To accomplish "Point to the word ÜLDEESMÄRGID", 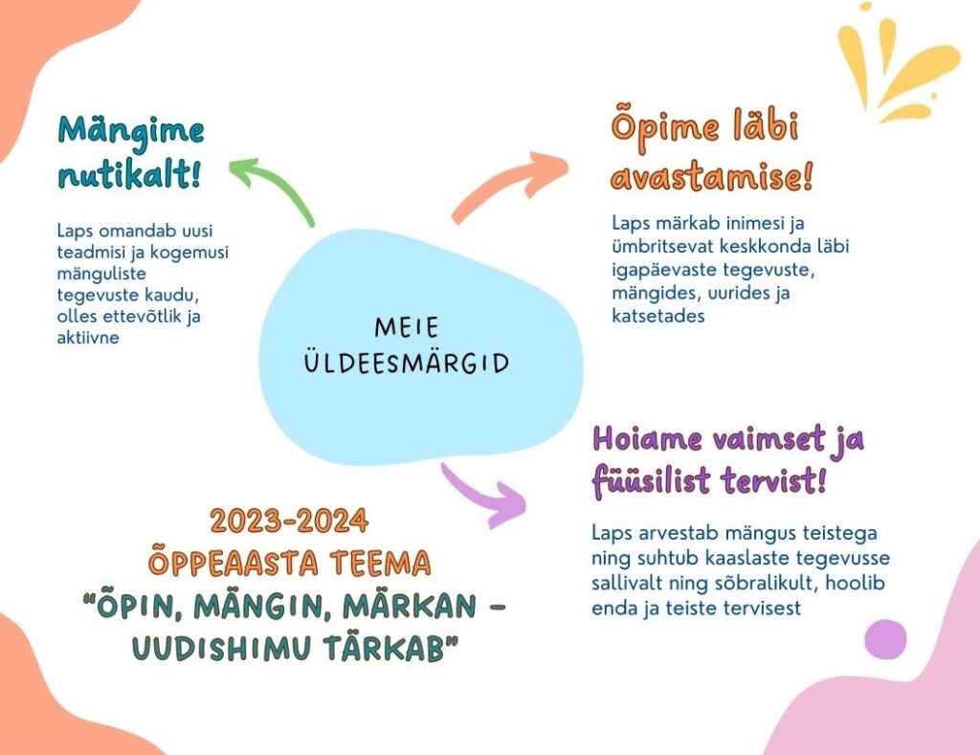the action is (406, 363).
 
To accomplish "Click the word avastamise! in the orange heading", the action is (712, 176).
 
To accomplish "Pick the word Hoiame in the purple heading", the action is (648, 439).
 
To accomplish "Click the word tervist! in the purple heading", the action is (773, 481).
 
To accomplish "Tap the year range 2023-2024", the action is (289, 521).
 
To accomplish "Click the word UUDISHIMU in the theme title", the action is (222, 648).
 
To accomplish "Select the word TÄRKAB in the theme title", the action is (391, 648).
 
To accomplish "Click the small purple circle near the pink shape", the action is (885, 639).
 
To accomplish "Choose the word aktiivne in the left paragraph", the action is (88, 338).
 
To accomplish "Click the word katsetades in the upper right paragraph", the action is (658, 316).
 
